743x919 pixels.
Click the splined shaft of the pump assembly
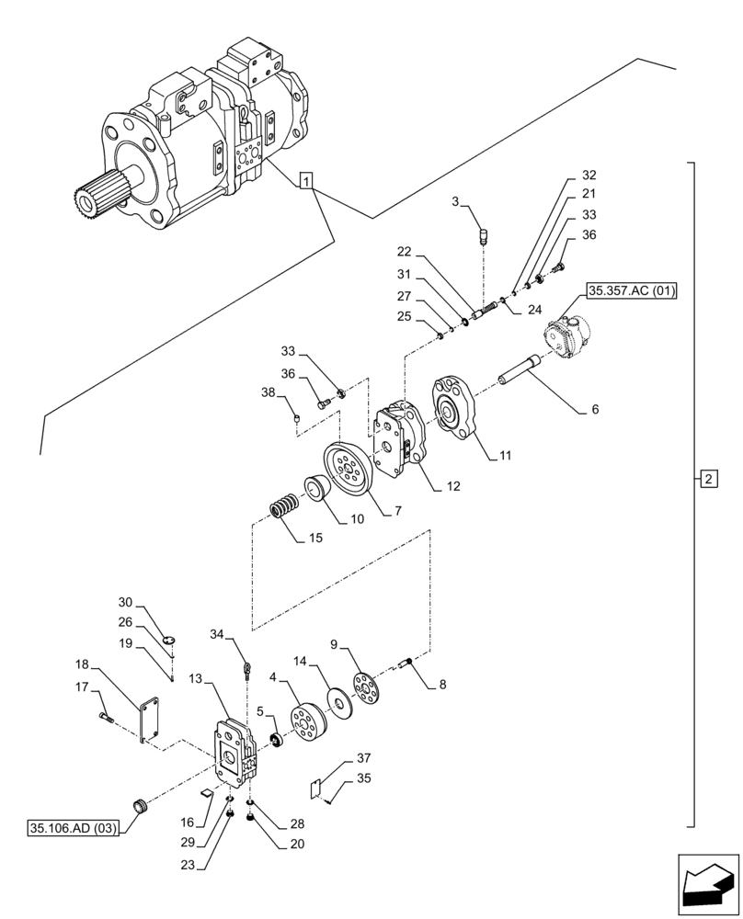point(92,196)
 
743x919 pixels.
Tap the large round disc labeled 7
point(348,471)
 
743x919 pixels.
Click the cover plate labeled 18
point(147,721)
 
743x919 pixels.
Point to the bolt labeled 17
point(104,718)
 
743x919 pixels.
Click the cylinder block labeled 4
point(303,719)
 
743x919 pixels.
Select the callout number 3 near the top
point(455,202)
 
